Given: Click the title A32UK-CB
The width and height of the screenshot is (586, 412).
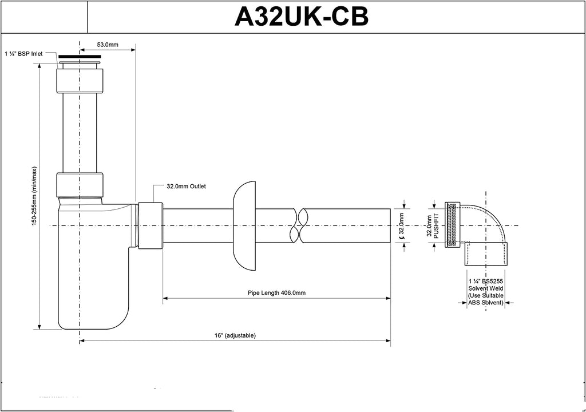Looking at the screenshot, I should [x=301, y=17].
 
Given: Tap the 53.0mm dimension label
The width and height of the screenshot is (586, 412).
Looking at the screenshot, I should [x=107, y=45].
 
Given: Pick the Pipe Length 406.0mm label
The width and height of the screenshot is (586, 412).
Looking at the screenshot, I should [x=276, y=292].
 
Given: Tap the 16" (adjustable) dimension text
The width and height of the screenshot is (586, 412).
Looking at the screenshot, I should [x=235, y=335].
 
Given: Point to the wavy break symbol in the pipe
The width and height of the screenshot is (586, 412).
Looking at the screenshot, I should [x=298, y=225].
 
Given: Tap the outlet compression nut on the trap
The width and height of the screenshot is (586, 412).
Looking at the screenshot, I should [x=151, y=225].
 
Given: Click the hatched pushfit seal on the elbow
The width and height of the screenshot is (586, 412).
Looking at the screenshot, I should [x=450, y=225].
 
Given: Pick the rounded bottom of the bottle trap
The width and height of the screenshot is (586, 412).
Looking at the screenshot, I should [x=92, y=318].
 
